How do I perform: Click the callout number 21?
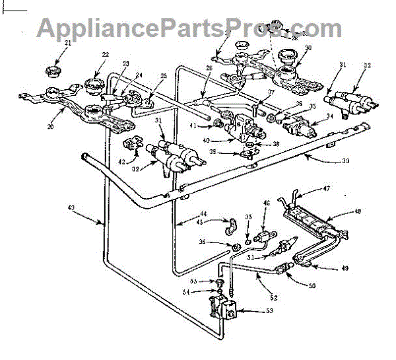pos(69,43)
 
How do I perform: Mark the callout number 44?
pos(202,215)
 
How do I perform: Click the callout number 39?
pos(230,151)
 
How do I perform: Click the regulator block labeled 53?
pos(223,308)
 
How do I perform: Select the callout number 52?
pos(264,298)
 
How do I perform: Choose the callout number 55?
pos(204,281)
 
